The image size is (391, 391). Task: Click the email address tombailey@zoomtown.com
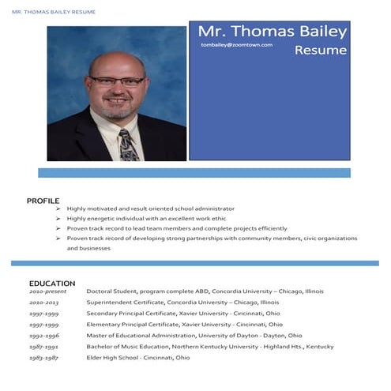tap(236, 45)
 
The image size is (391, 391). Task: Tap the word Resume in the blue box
tap(321, 50)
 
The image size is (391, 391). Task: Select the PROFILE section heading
tap(43, 201)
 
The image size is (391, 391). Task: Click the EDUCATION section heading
tap(52, 283)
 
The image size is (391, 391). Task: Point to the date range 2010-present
tap(48, 291)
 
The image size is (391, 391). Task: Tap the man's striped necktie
tap(128, 145)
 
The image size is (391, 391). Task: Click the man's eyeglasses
tap(117, 81)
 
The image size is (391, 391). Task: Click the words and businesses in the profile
tap(88, 248)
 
